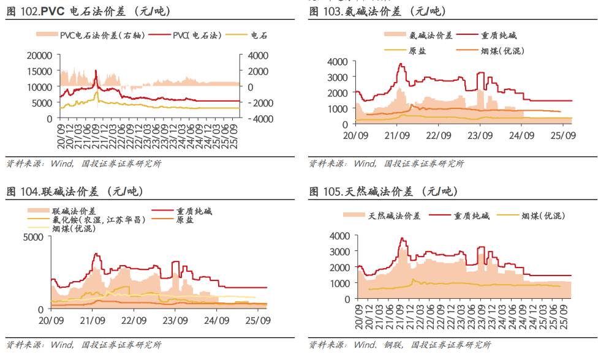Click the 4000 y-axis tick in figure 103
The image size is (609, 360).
pyautogui.click(x=338, y=62)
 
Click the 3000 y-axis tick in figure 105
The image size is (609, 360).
pyautogui.click(x=339, y=252)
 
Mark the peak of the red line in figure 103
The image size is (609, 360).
pyautogui.click(x=401, y=64)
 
